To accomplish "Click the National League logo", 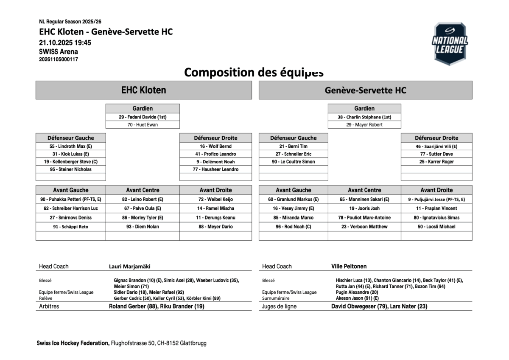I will (450, 44).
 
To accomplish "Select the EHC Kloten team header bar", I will (144, 90).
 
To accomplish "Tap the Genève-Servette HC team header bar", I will (365, 90).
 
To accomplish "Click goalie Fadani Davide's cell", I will (143, 117).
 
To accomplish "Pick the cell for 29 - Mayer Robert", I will (364, 125).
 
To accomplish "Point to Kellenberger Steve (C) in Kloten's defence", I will (71, 162).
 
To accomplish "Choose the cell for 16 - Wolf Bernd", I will (215, 146).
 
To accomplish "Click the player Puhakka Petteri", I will (71, 200).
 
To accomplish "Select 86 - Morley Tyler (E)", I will (143, 218).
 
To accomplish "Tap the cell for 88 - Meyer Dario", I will (215, 227).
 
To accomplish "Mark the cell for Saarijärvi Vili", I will (436, 146).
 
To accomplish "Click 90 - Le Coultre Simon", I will (293, 162).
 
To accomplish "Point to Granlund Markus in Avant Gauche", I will (293, 200).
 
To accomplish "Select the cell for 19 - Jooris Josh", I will (364, 208).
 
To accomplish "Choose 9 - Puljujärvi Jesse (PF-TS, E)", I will (436, 200).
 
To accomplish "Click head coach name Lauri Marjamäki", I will (130, 267).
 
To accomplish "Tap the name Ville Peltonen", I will (349, 267).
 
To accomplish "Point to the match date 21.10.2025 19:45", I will (65, 43).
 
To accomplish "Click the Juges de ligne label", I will (279, 307).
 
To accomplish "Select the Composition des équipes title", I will (254, 72).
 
